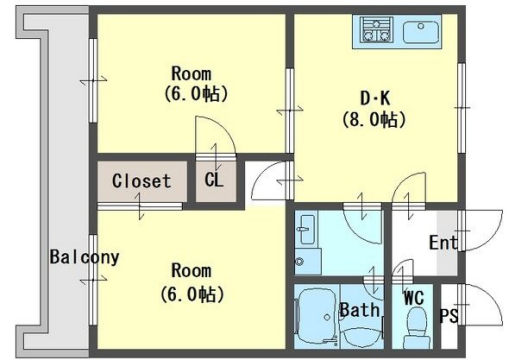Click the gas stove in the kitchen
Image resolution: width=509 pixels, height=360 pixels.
[x=377, y=30]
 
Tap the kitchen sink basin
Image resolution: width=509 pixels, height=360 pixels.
[x=421, y=32]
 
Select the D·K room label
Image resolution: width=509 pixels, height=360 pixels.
[x=375, y=99]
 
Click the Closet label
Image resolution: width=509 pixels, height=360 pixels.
[x=141, y=181]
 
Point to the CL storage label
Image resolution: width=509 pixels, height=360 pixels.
[x=214, y=180]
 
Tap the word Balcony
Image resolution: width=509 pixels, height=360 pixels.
[x=84, y=257]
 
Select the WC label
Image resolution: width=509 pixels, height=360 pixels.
[x=414, y=298]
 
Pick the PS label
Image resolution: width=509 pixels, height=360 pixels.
[x=449, y=315]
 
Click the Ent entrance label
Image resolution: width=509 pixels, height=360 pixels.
[x=443, y=243]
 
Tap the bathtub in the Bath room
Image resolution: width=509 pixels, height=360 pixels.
[x=316, y=315]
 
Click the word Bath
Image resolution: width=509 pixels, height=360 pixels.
[x=360, y=310]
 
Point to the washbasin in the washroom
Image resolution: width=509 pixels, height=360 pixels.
[x=307, y=230]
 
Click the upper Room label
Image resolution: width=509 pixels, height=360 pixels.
[x=191, y=73]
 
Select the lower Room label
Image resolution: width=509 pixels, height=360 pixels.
[x=191, y=270]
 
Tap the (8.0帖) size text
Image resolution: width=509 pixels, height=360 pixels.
[x=374, y=120]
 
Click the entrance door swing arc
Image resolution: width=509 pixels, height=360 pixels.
[x=494, y=233]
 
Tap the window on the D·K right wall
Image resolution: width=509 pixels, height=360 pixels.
[x=461, y=108]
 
